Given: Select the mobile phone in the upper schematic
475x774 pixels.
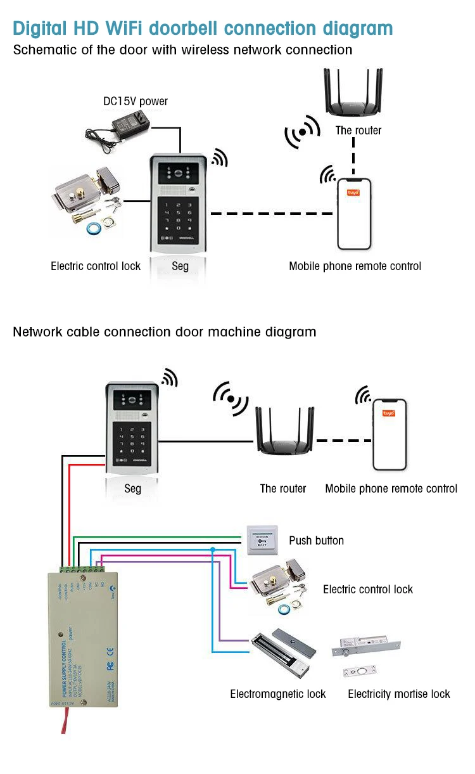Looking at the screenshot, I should click(x=354, y=213).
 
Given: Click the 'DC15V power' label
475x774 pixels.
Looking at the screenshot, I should click(x=136, y=101).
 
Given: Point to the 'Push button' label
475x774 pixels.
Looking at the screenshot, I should click(x=316, y=541).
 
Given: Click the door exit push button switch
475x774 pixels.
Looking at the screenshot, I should click(x=262, y=538).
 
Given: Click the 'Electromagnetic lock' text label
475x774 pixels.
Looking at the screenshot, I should click(x=277, y=694).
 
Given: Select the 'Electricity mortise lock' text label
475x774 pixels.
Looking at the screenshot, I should click(x=399, y=694).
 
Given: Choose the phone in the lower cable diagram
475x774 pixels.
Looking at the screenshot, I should click(x=389, y=434).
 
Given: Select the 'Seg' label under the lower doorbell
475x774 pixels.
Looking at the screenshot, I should click(x=132, y=489).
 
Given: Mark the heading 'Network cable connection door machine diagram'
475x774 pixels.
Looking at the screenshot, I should click(x=165, y=332).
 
